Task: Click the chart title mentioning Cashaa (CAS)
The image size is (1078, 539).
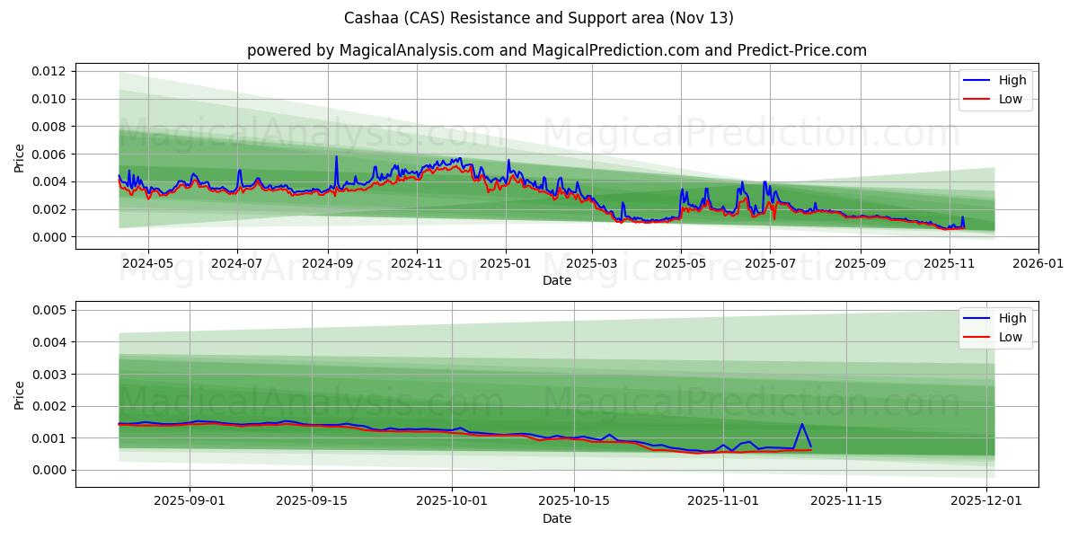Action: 539,18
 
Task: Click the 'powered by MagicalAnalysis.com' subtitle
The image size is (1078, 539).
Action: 557,50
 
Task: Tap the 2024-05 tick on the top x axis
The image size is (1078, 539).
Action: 147,264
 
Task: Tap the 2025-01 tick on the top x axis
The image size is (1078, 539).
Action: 506,264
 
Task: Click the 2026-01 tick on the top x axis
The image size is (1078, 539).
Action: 1038,264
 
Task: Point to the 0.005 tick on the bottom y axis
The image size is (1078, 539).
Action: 51,310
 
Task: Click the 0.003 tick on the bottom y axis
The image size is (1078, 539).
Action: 51,374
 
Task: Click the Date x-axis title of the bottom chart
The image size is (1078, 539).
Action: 557,519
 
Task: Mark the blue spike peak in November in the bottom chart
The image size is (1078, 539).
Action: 801,424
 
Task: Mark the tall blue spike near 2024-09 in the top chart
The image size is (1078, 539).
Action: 336,157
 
